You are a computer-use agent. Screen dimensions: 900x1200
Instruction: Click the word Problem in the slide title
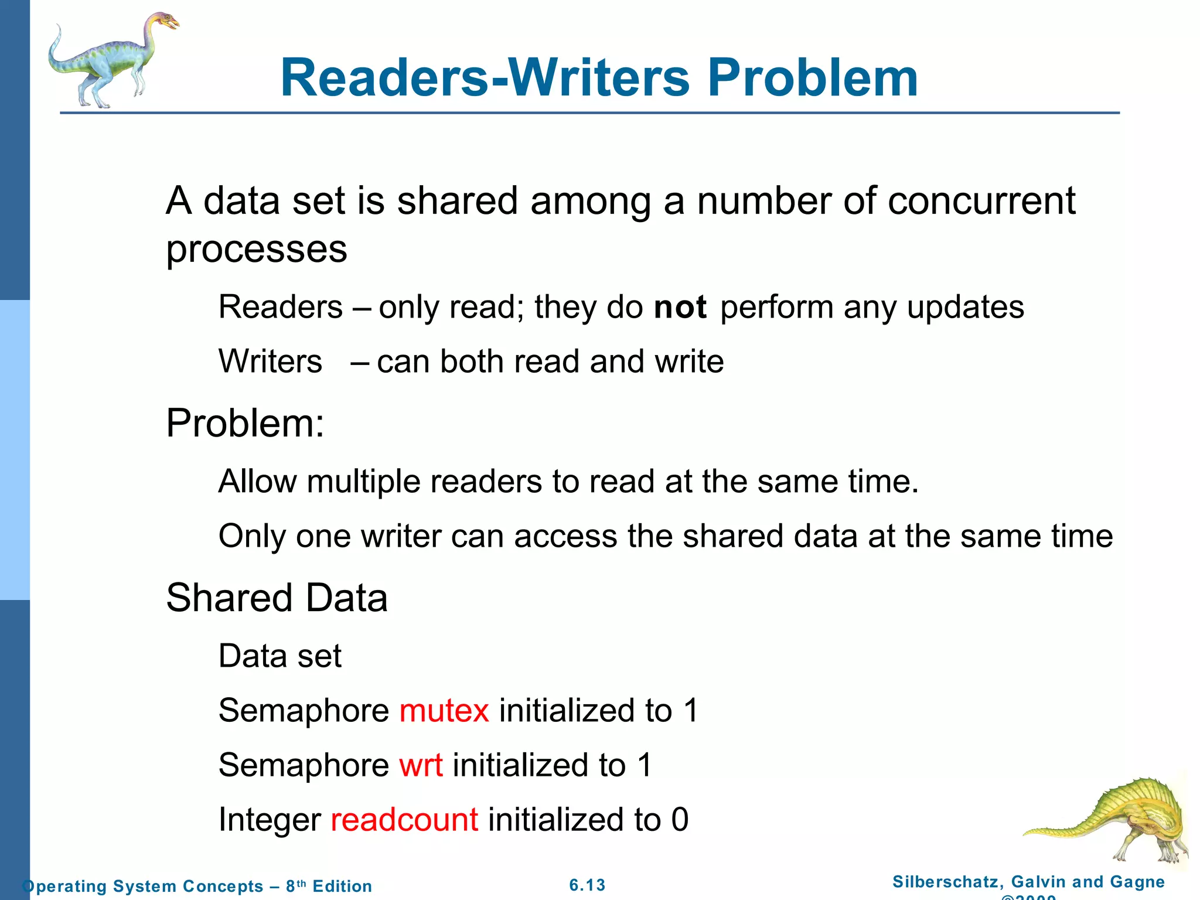click(813, 78)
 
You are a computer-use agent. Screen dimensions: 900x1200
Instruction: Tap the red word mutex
click(444, 710)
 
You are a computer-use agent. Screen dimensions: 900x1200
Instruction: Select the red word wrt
click(421, 765)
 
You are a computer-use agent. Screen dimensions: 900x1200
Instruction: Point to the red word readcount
click(404, 819)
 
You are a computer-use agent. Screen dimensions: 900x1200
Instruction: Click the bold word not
click(680, 307)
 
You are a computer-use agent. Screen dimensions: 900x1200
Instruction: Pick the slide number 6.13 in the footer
click(587, 885)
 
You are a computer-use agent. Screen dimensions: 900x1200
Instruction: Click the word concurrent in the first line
click(981, 201)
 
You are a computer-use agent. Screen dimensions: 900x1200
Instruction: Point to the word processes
click(257, 249)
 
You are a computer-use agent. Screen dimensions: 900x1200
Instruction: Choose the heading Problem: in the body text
click(245, 423)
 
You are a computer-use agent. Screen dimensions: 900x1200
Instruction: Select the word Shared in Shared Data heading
click(229, 598)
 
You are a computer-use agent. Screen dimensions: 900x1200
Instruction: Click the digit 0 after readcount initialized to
click(680, 819)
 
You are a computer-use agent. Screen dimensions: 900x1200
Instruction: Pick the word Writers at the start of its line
click(270, 361)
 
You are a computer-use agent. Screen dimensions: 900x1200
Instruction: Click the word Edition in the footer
click(342, 886)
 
